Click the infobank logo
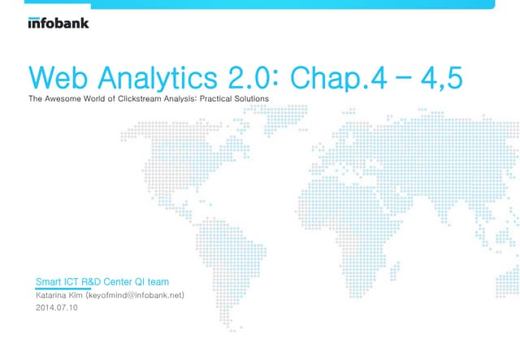tap(58, 24)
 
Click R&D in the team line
tap(102, 283)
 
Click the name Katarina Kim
tap(59, 296)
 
